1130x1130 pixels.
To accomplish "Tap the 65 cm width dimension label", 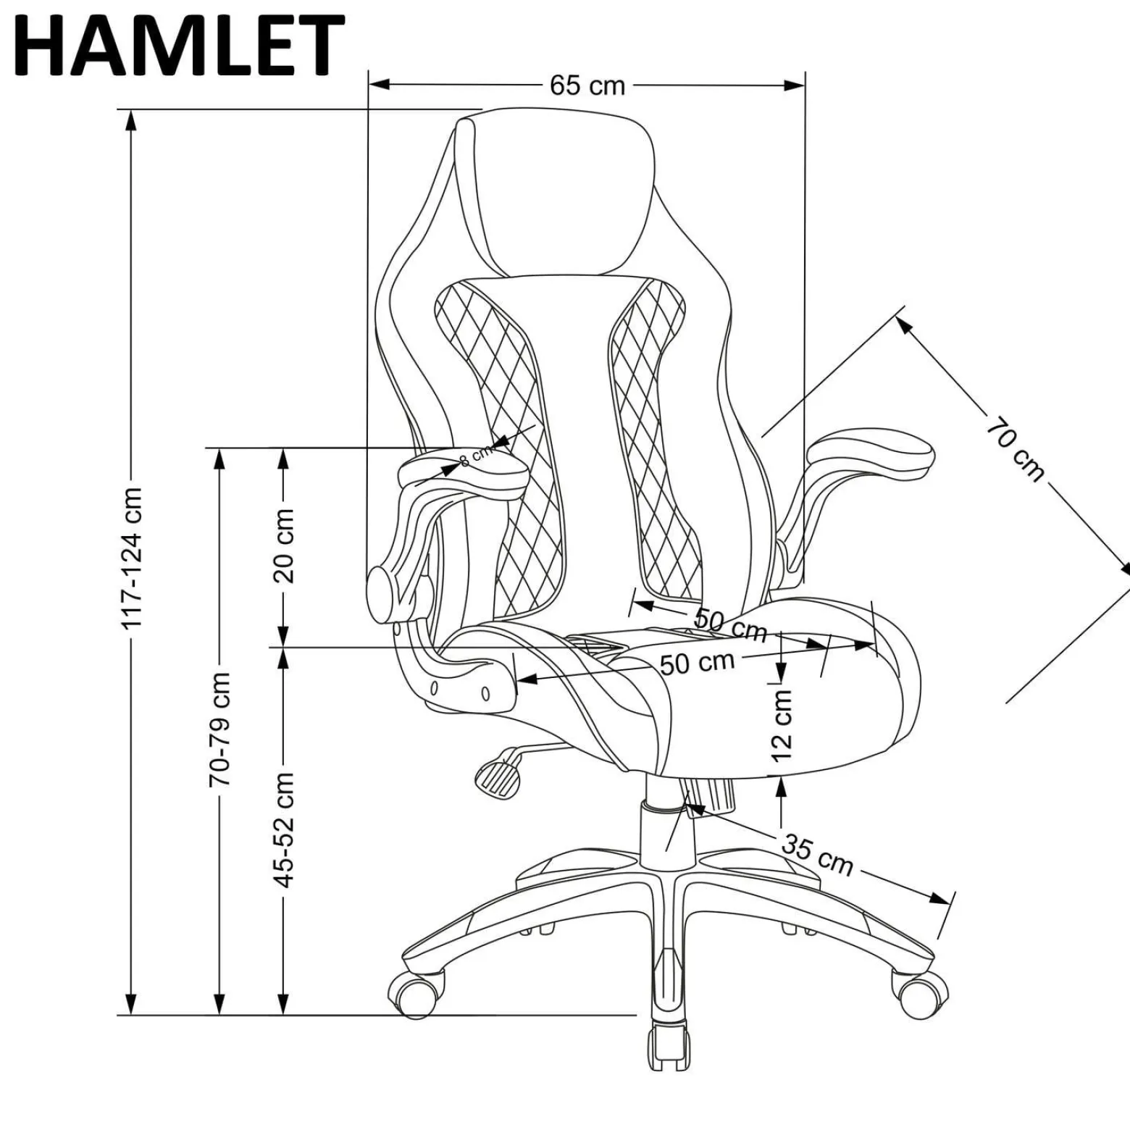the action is [x=587, y=85].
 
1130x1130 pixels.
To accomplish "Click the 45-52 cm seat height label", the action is [x=283, y=830].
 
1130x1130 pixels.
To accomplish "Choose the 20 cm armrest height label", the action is [x=283, y=545].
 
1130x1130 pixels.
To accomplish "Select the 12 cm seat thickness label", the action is [x=782, y=724].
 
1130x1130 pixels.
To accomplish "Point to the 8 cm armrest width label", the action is [x=476, y=454].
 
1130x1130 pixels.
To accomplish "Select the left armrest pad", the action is [x=462, y=471].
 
